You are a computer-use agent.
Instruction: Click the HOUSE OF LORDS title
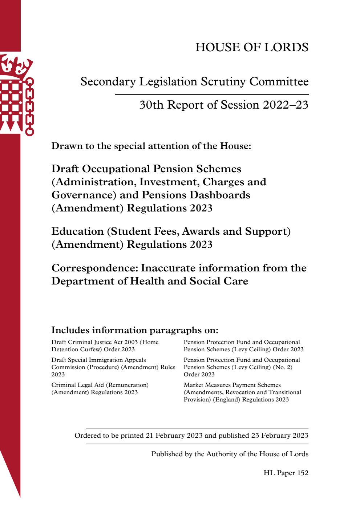(x=252, y=47)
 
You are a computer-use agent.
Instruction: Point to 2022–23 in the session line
(x=286, y=105)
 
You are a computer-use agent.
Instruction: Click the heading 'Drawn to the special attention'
(x=151, y=146)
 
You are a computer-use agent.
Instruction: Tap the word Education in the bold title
(x=77, y=231)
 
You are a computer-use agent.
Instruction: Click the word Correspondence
(x=94, y=268)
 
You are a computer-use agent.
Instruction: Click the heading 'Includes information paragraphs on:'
(x=135, y=330)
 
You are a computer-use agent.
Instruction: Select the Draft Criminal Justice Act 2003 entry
(x=105, y=346)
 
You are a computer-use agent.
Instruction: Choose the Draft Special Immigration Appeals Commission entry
(x=113, y=367)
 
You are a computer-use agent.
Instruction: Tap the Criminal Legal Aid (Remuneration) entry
(x=100, y=388)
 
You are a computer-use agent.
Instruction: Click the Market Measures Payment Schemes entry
(x=242, y=392)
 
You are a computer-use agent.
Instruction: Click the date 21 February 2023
(x=174, y=436)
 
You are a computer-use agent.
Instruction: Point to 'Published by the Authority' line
(x=230, y=454)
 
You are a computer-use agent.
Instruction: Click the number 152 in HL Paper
(x=303, y=473)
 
